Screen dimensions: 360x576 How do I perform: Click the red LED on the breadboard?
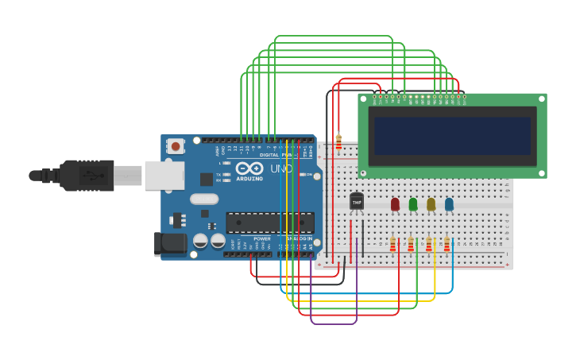[x=395, y=204]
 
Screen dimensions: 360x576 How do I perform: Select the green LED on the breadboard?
[x=413, y=204]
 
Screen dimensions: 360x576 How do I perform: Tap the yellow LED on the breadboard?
[x=431, y=204]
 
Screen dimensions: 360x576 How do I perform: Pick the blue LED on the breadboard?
[x=450, y=204]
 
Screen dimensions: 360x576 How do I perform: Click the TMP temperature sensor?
[x=357, y=202]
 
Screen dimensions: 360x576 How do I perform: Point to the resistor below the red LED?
[x=392, y=243]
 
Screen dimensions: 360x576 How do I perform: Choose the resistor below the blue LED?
[x=447, y=243]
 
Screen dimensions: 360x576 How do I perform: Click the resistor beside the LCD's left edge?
[x=339, y=142]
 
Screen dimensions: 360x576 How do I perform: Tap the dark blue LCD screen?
[x=452, y=136]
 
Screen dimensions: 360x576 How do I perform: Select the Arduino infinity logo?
[x=249, y=168]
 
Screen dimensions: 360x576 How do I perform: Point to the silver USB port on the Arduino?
[x=164, y=175]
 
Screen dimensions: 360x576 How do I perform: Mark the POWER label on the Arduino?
[x=262, y=238]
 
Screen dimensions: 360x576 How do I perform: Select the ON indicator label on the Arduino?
[x=308, y=175]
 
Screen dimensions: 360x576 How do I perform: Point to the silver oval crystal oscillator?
[x=203, y=199]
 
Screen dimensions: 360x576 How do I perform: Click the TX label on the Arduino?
[x=218, y=174]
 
